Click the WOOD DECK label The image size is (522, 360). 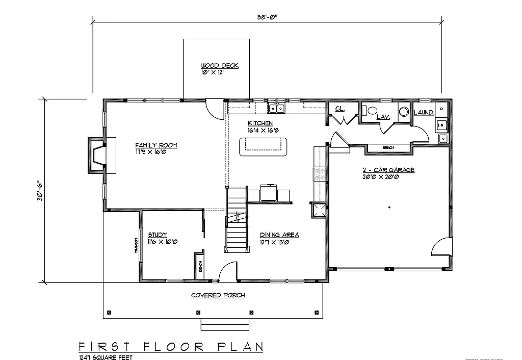coord(220,66)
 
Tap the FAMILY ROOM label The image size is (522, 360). coord(156,145)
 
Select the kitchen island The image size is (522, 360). coord(262,146)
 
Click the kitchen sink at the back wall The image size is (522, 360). coord(277,108)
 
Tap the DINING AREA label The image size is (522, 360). coord(279,235)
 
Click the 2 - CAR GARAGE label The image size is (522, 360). coord(388,170)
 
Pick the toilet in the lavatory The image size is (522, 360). coord(372,110)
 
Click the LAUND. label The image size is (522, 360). coord(424,112)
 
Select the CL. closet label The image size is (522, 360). coord(339,108)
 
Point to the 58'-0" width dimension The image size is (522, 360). coord(267,16)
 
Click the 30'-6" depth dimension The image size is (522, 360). coord(39,190)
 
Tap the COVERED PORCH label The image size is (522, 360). coord(218,295)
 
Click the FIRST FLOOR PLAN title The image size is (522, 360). coord(171,347)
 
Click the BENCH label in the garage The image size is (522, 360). coord(388,148)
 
